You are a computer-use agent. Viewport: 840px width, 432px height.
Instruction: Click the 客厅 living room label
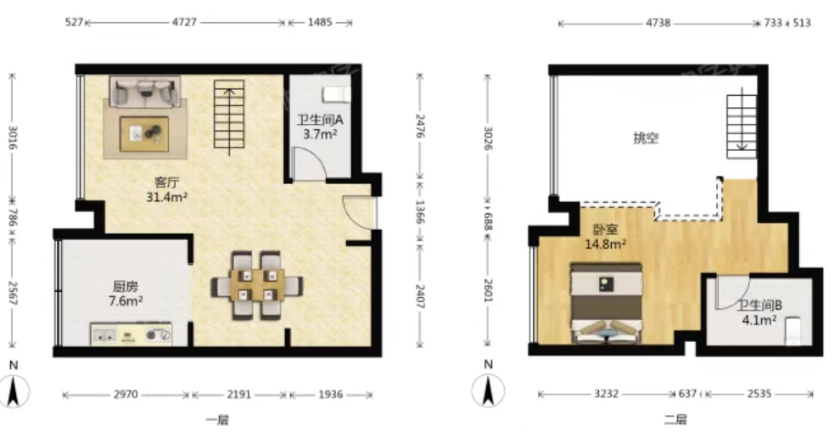pos(166,182)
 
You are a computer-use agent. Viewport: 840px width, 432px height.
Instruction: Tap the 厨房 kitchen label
pos(126,287)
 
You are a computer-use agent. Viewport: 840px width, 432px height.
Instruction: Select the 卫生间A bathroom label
pos(321,120)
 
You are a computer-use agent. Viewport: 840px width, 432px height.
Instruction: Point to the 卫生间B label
pos(759,306)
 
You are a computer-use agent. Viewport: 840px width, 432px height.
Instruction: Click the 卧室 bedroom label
pos(605,231)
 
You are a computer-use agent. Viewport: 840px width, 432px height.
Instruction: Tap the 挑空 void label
pos(646,138)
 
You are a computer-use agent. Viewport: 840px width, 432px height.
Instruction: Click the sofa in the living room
pos(144,91)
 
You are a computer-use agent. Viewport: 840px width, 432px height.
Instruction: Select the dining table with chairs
pos(257,285)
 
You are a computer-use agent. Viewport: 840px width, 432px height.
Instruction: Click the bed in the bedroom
pos(607,303)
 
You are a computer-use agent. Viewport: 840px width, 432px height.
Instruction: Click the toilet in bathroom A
pos(337,95)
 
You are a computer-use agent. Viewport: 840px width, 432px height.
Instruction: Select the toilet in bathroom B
pos(792,331)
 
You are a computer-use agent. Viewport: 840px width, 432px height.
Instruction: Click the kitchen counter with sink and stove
pos(132,334)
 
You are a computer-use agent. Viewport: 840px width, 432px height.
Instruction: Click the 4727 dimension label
pos(185,23)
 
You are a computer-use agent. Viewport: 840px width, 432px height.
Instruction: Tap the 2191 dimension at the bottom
pos(239,395)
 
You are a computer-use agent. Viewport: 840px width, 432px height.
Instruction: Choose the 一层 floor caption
pos(217,419)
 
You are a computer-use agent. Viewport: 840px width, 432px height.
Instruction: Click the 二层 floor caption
pos(675,419)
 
